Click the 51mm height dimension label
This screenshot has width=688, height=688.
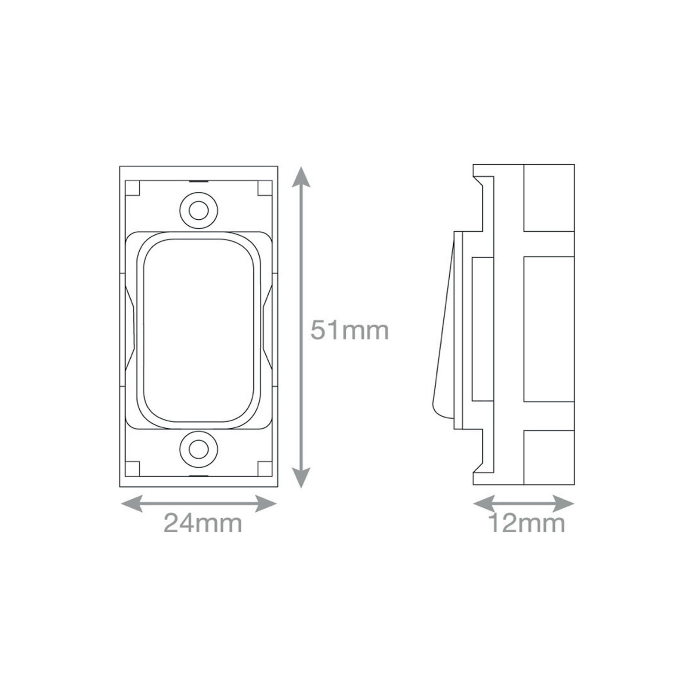(350, 331)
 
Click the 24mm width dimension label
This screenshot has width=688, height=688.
(203, 523)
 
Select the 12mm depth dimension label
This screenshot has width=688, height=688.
(527, 523)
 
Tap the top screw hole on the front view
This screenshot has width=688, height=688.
(199, 211)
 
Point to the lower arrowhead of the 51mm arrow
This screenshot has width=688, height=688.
(301, 478)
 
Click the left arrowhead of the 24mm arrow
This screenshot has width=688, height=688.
(132, 504)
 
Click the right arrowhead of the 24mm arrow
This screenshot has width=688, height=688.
(266, 504)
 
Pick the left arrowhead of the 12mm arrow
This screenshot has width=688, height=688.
(484, 504)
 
